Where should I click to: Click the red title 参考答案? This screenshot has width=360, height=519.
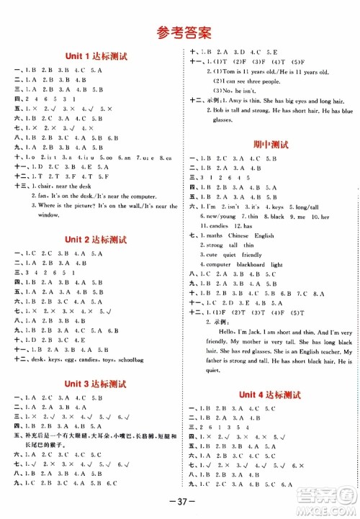tap(180, 31)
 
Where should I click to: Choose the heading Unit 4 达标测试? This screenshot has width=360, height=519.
tap(268, 395)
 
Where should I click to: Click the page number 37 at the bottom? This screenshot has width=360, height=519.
tap(180, 502)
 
